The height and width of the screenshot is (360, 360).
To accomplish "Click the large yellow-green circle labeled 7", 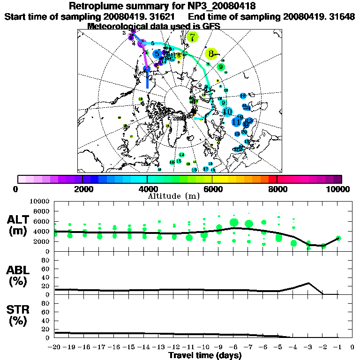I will click(x=192, y=37).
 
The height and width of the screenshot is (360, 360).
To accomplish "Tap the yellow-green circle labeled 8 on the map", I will click(x=211, y=53).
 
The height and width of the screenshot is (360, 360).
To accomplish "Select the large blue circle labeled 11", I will click(x=237, y=122).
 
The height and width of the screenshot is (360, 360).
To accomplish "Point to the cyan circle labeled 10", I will click(x=227, y=112).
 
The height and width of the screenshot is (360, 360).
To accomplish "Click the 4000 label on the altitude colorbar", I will click(x=147, y=189).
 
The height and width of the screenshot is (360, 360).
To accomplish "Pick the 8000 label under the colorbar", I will click(x=277, y=189).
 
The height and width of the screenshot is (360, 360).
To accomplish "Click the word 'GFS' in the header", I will click(x=211, y=26).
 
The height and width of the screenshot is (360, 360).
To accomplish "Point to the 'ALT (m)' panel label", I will click(x=19, y=225).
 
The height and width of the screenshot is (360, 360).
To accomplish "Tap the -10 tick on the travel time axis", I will click(x=203, y=347).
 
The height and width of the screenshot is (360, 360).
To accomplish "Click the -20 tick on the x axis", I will click(x=55, y=347).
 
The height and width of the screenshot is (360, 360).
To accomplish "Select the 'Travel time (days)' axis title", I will click(x=205, y=355).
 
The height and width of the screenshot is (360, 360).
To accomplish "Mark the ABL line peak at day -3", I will click(x=308, y=283).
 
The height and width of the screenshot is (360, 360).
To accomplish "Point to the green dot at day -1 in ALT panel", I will click(x=338, y=239).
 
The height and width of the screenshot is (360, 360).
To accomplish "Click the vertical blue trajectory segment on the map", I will click(x=147, y=80).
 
